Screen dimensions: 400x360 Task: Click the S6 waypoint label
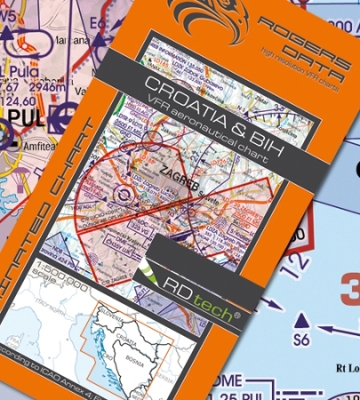tap(305, 340)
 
